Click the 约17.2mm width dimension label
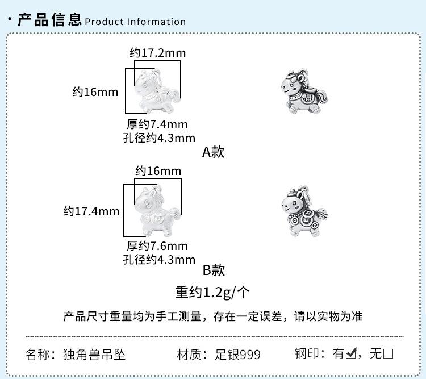(x=158, y=53)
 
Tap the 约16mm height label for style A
(x=95, y=92)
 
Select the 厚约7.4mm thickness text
(x=157, y=124)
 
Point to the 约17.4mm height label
(x=91, y=211)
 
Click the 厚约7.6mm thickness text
(x=157, y=246)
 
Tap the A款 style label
(x=214, y=152)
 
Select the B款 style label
(x=214, y=270)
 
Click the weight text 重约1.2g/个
(x=212, y=293)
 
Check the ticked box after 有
(x=351, y=353)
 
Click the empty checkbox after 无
(x=389, y=354)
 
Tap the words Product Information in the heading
(x=135, y=22)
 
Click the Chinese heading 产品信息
(x=50, y=19)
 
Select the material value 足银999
(x=238, y=355)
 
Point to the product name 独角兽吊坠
(x=94, y=355)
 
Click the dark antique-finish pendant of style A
(x=304, y=91)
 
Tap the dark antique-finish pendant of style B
(x=304, y=211)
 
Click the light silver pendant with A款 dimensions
(x=157, y=91)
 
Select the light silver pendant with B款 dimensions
(x=157, y=211)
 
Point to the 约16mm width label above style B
(x=158, y=171)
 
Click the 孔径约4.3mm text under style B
(x=159, y=259)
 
